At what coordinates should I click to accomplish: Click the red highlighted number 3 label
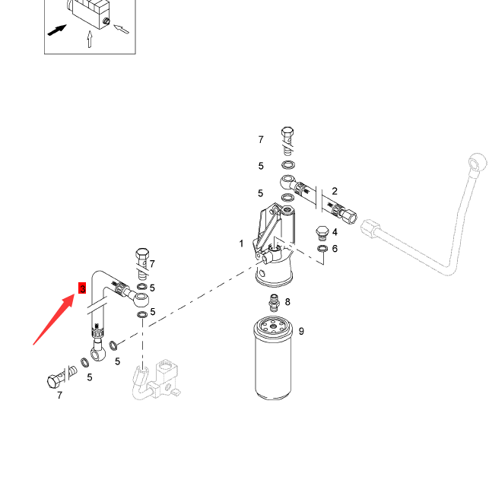coord(82,288)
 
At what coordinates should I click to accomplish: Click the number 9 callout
coord(301,331)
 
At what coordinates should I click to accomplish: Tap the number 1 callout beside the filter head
coord(242,243)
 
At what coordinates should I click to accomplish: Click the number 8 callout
coord(287,302)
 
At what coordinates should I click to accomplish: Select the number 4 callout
coord(335,232)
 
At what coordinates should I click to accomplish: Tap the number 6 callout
coord(335,249)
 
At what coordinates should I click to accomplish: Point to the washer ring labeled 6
coord(322,249)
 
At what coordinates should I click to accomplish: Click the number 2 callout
coord(335,192)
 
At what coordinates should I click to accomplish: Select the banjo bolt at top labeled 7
coord(287,139)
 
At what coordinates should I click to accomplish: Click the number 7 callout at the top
coord(261,140)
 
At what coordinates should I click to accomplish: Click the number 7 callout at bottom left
coord(59,396)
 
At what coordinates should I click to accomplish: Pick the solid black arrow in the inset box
coord(56,30)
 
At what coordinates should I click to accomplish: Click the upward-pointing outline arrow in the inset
coord(90,40)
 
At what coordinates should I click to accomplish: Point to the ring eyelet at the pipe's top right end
coord(477,162)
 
